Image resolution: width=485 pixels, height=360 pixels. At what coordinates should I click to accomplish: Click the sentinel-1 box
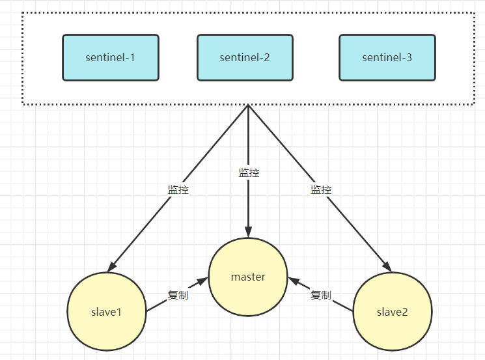click(x=111, y=57)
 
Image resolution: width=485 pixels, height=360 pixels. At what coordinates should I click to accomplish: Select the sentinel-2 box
click(x=245, y=57)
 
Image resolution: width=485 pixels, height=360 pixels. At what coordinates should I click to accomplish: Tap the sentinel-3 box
click(x=387, y=57)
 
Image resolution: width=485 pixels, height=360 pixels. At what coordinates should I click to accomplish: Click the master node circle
click(x=248, y=277)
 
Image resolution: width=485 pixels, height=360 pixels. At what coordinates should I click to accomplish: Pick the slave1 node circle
click(x=107, y=311)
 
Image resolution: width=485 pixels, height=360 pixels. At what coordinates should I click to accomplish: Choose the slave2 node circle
click(x=392, y=311)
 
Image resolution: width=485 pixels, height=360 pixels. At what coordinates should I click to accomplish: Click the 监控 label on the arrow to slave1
click(x=178, y=190)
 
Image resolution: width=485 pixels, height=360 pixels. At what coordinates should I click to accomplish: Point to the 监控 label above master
click(x=249, y=173)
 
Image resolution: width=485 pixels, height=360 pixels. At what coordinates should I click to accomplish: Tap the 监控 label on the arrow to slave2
click(x=321, y=190)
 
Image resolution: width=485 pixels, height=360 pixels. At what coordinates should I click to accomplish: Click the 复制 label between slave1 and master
click(x=178, y=295)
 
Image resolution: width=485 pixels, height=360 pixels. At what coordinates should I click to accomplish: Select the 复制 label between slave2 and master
click(x=320, y=295)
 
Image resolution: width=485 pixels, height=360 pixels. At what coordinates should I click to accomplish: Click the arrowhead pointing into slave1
click(x=113, y=266)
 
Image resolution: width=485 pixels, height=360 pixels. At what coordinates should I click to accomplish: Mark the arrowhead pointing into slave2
click(x=386, y=266)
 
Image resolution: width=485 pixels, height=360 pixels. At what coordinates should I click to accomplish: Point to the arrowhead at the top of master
click(x=248, y=231)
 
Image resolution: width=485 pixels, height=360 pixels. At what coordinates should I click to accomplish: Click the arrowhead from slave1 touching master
click(x=202, y=281)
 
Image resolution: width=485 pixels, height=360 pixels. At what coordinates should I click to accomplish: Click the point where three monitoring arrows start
click(x=248, y=105)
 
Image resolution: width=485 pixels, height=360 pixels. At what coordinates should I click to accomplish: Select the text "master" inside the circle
click(x=248, y=277)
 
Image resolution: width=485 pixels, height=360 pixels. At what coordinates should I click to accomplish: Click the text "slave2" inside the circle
click(x=392, y=311)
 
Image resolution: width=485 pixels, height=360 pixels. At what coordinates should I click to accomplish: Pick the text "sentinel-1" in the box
click(x=111, y=57)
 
